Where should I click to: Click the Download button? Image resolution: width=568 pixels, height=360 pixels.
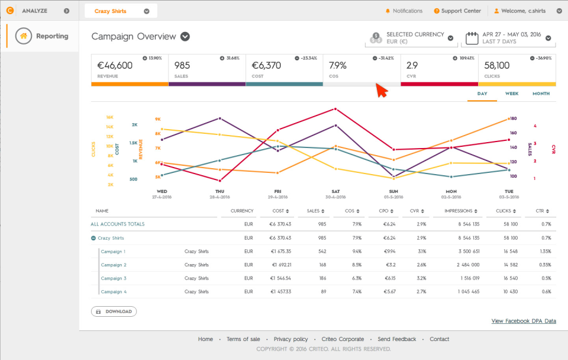pos(114,311)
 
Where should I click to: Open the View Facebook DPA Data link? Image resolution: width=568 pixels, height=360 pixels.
pos(524,321)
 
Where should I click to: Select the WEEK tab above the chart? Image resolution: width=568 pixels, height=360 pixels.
pos(512,94)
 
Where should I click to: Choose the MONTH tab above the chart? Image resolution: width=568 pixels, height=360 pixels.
pos(541,94)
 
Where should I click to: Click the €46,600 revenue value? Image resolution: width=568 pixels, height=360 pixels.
pos(115,65)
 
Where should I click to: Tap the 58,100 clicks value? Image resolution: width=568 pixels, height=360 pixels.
pos(497,65)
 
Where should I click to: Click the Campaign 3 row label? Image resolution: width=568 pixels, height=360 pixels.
pos(113,278)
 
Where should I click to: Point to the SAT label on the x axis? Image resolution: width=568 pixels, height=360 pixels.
pos(335,191)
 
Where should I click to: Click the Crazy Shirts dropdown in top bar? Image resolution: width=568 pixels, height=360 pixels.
pos(121,11)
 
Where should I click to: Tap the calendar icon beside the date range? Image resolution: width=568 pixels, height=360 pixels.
pos(472,38)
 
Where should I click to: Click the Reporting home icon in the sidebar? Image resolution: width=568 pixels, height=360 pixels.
pos(24,36)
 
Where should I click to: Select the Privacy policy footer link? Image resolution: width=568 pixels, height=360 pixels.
pos(291,339)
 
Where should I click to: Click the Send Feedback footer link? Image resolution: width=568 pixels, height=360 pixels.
pos(396,339)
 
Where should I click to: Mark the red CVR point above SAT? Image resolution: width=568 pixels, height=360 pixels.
pos(335,109)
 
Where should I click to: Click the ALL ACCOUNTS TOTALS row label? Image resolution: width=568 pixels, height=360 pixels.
pos(117,224)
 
